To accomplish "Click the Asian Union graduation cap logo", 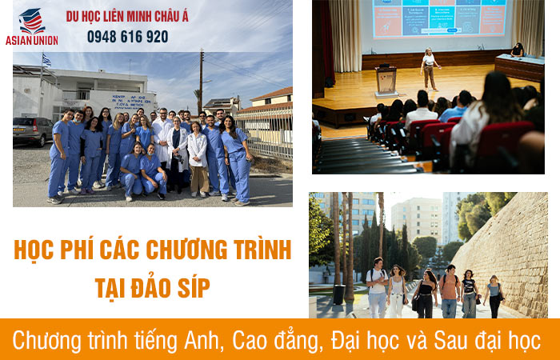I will pos(31,20).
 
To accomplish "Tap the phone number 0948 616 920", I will pos(127,37).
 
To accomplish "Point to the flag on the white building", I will pos(46,60).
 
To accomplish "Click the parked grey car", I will pos(31,131).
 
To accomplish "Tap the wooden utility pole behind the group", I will pos(201,80).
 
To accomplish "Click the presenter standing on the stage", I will pos(430,69).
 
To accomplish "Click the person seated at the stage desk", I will pos(518,50).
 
